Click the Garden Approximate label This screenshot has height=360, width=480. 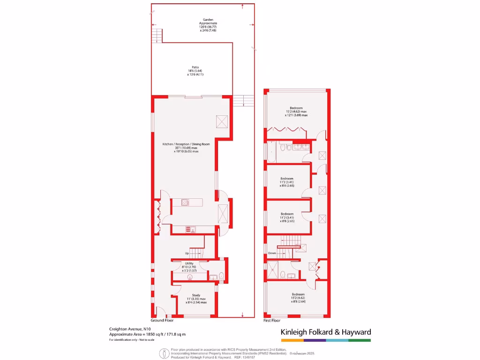coord(208,23)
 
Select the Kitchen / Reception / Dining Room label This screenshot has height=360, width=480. coord(186,148)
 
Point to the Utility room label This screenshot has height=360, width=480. coord(189,267)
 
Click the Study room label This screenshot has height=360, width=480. coord(196,299)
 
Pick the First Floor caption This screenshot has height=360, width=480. coord(272,321)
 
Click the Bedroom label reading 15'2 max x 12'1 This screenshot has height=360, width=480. coord(296,111)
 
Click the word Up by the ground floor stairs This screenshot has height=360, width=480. coord(187,254)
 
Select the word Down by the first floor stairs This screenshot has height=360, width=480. coord(272,253)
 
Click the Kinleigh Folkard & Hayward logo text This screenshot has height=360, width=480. coord(326,332)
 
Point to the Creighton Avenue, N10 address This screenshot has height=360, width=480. coord(126,330)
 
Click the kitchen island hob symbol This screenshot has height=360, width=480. coord(185,202)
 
